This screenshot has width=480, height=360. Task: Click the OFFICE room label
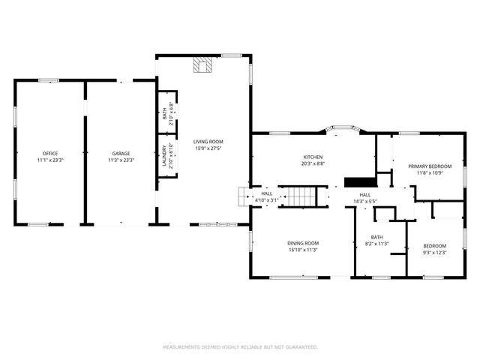pyautogui.click(x=50, y=153)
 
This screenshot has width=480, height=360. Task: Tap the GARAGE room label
pyautogui.click(x=121, y=153)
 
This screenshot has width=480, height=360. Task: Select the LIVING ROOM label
pyautogui.click(x=208, y=141)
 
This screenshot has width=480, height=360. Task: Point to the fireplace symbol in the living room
pyautogui.click(x=202, y=65)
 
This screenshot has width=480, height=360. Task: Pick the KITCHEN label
pyautogui.click(x=313, y=157)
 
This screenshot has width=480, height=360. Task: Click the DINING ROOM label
pyautogui.click(x=303, y=243)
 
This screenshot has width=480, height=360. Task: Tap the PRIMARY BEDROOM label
pyautogui.click(x=430, y=166)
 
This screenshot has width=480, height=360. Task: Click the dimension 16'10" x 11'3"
pyautogui.click(x=303, y=250)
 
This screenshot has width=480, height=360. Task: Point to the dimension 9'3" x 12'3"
pyautogui.click(x=434, y=253)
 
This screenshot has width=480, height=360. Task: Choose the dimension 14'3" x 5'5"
pyautogui.click(x=365, y=201)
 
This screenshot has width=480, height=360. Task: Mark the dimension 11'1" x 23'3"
pyautogui.click(x=50, y=160)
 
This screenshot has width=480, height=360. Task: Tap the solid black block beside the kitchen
pyautogui.click(x=359, y=181)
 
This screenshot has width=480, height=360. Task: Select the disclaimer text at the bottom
pyautogui.click(x=240, y=347)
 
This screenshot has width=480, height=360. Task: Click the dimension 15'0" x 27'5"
pyautogui.click(x=208, y=148)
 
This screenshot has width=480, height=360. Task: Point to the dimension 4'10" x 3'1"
pyautogui.click(x=267, y=200)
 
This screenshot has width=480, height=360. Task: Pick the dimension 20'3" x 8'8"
pyautogui.click(x=313, y=163)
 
